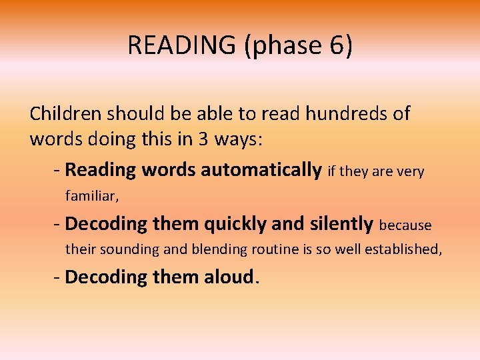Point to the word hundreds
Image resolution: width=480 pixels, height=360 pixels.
(347, 114)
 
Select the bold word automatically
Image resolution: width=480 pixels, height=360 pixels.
(261, 171)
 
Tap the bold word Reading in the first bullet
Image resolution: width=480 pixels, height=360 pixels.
(99, 171)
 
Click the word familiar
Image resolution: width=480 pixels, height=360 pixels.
(91, 197)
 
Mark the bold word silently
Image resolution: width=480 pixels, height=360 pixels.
(341, 224)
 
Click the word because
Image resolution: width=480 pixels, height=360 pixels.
(405, 225)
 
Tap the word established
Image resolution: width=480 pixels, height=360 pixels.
(403, 251)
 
